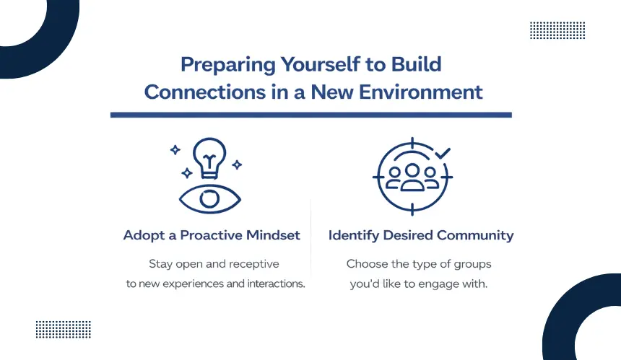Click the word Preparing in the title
pyautogui.click(x=227, y=65)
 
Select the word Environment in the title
pyautogui.click(x=420, y=92)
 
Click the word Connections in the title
pyautogui.click(x=205, y=92)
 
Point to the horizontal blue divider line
pyautogui.click(x=311, y=115)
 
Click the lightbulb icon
pyautogui.click(x=209, y=158)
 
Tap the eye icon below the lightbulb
pyautogui.click(x=210, y=198)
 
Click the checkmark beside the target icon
pyautogui.click(x=443, y=153)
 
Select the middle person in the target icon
pyautogui.click(x=412, y=177)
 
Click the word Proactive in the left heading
pyautogui.click(x=212, y=235)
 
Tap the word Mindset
pyautogui.click(x=273, y=235)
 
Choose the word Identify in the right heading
pyautogui.click(x=354, y=235)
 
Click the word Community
pyautogui.click(x=475, y=235)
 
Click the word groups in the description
pyautogui.click(x=472, y=265)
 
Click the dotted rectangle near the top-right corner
pyautogui.click(x=557, y=30)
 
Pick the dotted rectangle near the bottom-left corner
pyautogui.click(x=64, y=330)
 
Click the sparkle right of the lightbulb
pyautogui.click(x=237, y=164)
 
